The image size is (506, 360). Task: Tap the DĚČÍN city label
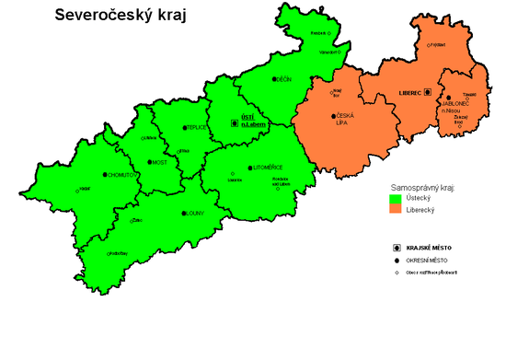click(x=284, y=80)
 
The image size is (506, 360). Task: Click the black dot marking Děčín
click(x=273, y=80)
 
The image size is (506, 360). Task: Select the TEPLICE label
click(x=199, y=128)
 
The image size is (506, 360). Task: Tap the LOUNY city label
click(x=193, y=214)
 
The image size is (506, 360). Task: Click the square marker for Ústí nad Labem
click(x=233, y=121)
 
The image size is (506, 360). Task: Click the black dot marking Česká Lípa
click(x=333, y=116)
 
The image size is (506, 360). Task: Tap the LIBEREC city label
click(x=408, y=93)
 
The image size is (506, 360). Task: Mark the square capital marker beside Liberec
click(x=428, y=92)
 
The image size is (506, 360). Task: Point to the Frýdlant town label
click(x=438, y=44)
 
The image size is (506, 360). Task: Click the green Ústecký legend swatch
click(x=396, y=198)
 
